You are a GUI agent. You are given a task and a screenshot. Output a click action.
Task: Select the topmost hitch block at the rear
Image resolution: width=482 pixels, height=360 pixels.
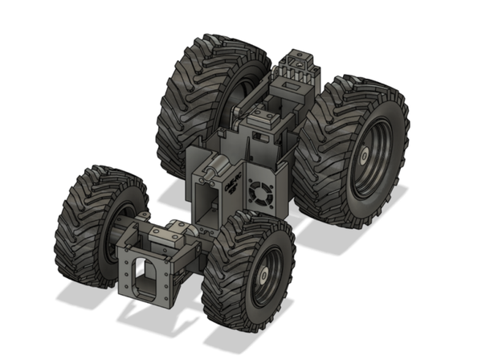point(299,60)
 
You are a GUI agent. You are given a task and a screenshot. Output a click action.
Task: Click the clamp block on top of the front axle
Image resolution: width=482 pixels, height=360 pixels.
point(171,235)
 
